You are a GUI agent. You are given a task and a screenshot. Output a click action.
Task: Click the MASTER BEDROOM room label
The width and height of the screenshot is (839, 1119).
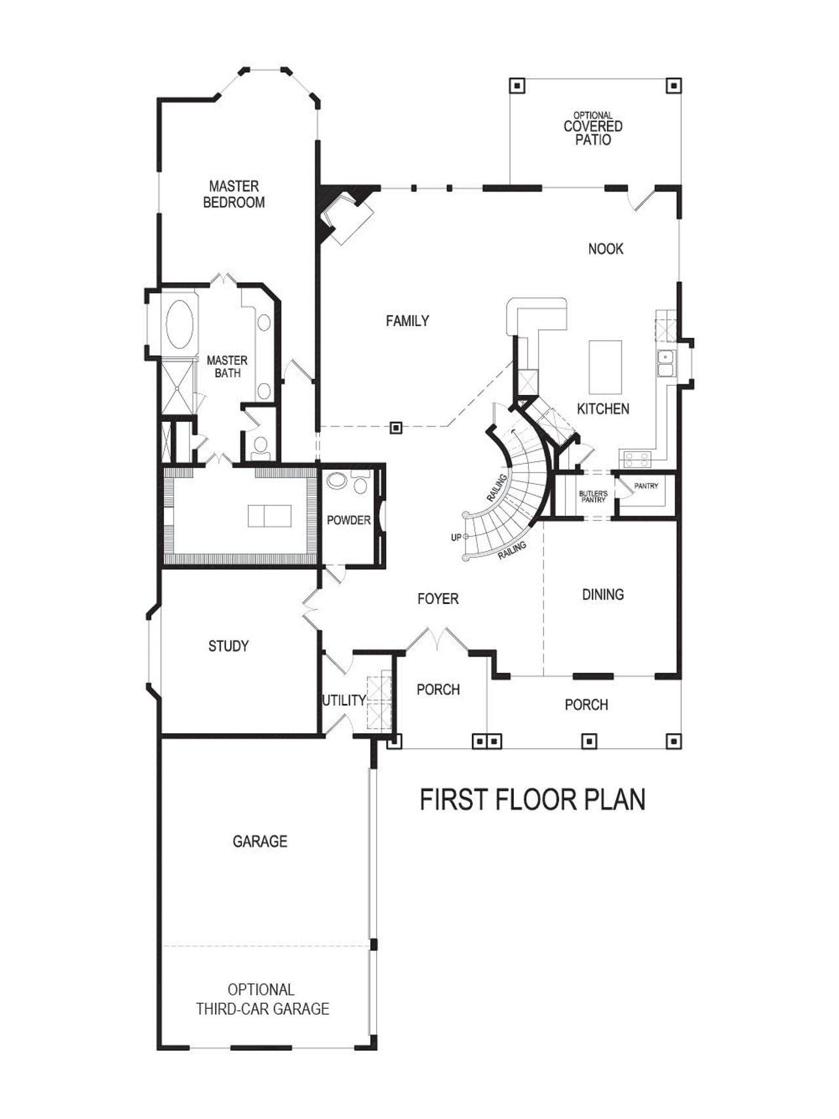coord(234,194)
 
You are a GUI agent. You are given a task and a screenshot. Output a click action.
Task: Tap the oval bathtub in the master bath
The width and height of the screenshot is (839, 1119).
coord(180,324)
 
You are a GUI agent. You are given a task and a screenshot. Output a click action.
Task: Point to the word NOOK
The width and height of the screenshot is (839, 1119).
coord(605,249)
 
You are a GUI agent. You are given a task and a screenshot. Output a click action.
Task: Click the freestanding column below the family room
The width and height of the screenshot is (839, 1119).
coord(395,428)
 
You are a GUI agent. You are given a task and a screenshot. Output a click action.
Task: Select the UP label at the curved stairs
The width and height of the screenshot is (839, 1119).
coord(456,538)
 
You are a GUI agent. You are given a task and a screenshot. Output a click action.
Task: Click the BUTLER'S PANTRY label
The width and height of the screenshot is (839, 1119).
coord(593,497)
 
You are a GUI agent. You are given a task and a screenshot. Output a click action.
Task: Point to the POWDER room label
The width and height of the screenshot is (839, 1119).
coord(349,520)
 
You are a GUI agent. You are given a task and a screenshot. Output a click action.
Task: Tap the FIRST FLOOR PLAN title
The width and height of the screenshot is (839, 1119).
coord(532,800)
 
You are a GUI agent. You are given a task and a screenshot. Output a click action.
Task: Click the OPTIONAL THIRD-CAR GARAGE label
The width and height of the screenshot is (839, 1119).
coord(262,999)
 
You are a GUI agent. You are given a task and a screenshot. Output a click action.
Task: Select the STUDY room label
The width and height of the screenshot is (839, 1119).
coord(228,646)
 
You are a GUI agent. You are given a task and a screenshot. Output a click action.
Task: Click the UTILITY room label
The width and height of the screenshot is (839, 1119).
coord(343,701)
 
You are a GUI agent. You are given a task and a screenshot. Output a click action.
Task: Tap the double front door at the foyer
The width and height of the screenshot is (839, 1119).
coord(437,638)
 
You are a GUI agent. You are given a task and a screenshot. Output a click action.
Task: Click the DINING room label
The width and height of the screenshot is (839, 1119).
coord(602,594)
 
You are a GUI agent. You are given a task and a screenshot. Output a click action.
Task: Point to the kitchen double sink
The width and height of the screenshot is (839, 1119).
coord(665,363)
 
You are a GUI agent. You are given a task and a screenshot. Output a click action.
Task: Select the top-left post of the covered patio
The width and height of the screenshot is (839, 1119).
coord(517,85)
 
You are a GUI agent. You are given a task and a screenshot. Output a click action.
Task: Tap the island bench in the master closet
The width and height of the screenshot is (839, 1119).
coord(269,516)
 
